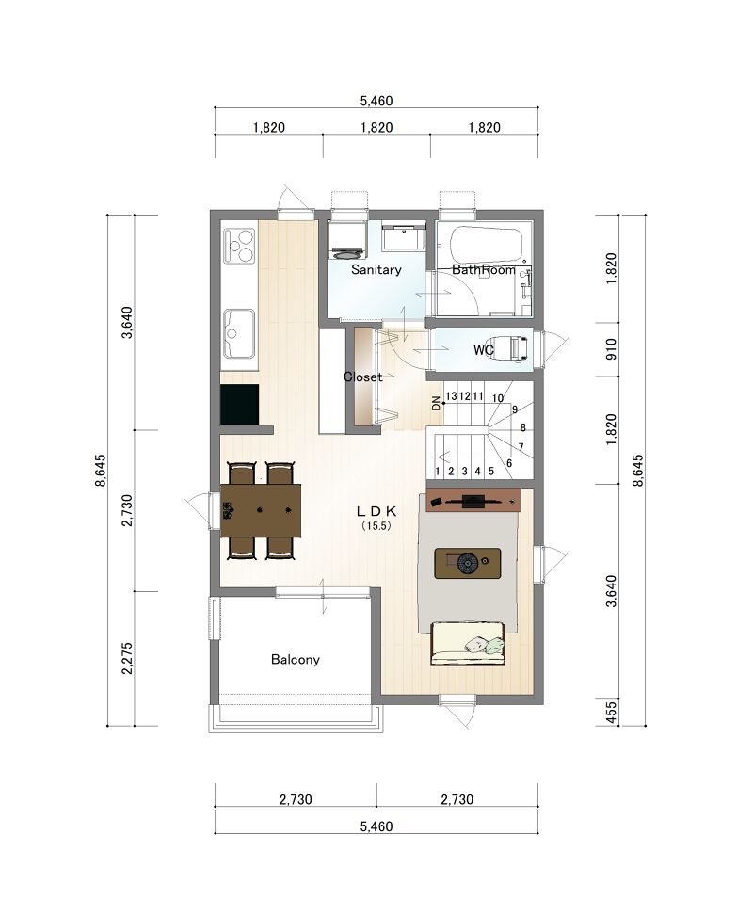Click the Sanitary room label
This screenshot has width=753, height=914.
point(376,269)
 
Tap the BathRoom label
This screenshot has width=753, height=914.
point(483,269)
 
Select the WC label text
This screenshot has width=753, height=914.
point(483,350)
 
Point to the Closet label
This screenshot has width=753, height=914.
point(362,377)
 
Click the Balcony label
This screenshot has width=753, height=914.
point(295,659)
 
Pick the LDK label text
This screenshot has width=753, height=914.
point(376,511)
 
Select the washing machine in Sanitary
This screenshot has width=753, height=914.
point(346,240)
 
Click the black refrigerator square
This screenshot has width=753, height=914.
point(239,405)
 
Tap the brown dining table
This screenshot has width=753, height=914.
point(261,510)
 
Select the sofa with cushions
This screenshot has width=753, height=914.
point(468,643)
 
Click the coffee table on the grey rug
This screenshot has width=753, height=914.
point(467,563)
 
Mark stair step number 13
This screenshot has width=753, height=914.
point(451,396)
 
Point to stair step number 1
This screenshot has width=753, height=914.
point(438,471)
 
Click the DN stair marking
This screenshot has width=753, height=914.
point(436,404)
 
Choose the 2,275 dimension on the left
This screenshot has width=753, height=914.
point(128,658)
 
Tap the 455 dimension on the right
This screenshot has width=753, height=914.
point(612,713)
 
